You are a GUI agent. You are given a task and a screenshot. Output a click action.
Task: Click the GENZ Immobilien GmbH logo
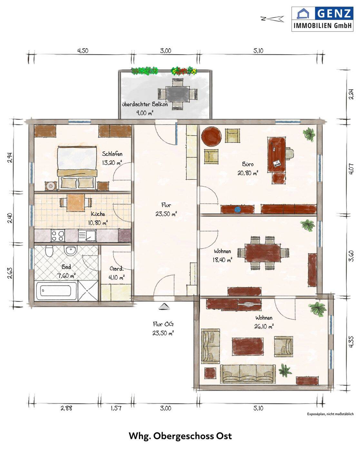click(322, 19)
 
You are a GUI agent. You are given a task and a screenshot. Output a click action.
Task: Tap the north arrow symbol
click(272, 19)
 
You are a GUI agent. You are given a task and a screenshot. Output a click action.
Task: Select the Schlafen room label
click(112, 154)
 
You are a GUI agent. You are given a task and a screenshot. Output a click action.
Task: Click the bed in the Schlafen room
click(76, 168)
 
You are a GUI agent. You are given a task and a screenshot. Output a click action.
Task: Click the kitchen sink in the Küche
click(87, 236)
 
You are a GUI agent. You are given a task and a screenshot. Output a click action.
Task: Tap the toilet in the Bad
click(49, 251)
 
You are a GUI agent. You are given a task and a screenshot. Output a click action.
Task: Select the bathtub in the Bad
click(57, 291)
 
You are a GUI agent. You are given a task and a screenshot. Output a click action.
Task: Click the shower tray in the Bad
click(88, 291)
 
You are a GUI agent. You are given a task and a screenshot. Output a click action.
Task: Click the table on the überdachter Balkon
click(178, 94)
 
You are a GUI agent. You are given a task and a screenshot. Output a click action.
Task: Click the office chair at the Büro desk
click(289, 153)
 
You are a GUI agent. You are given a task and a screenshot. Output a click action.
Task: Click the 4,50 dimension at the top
click(83, 51)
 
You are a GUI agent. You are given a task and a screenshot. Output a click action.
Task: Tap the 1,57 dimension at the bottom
click(116, 408)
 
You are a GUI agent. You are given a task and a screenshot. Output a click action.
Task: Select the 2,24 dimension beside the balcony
click(351, 94)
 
